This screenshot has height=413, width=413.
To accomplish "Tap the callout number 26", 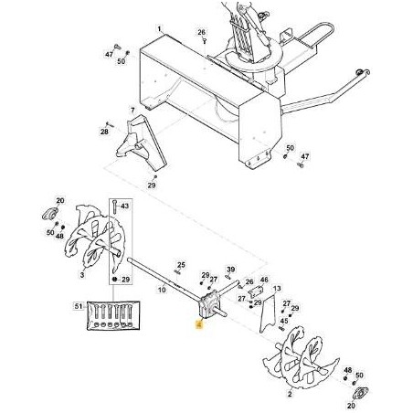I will coord(201,32).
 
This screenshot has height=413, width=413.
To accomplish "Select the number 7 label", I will coord(132,111).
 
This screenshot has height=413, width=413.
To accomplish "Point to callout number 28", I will coord(104,131).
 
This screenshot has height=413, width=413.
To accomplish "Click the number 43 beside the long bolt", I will coord(125,208).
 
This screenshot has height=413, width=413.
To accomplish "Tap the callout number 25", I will coord(181,263).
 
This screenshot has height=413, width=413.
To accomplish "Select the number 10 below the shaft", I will coord(161,290).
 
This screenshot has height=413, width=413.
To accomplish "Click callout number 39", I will coord(230,270).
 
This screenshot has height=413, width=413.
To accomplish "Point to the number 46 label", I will coord(264,281).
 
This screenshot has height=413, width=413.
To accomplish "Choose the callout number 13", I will coord(275,287).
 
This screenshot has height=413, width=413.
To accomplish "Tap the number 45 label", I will coord(284,321).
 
